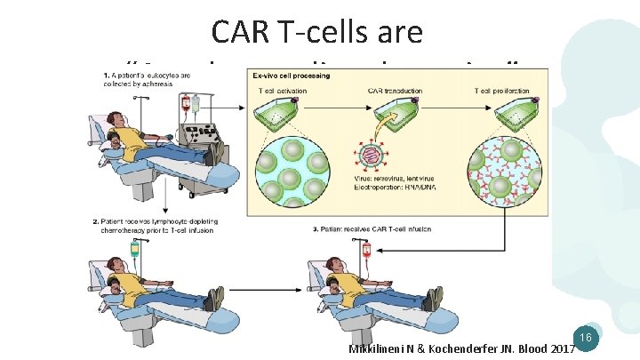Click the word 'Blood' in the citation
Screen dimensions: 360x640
pos(524,350)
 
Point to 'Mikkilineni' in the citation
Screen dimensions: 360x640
pos(374,350)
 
